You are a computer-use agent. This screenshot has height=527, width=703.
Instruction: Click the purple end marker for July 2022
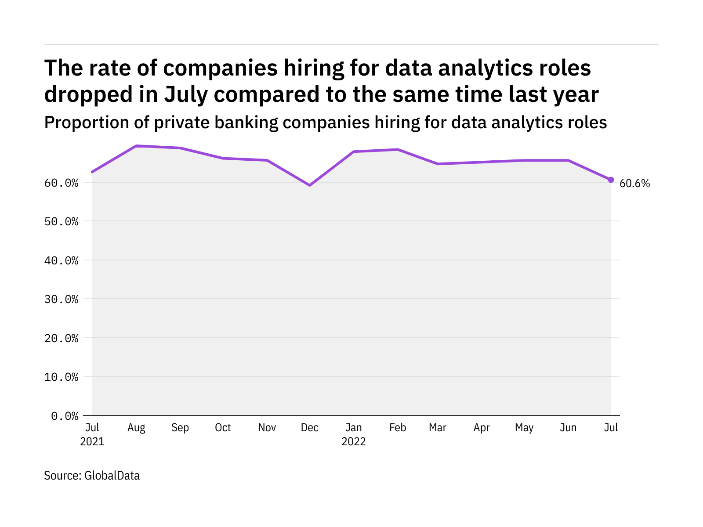[x=611, y=180]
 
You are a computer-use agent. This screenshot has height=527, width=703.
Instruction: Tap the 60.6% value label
[x=634, y=184]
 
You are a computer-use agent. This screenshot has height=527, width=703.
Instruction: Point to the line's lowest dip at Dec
[x=310, y=185]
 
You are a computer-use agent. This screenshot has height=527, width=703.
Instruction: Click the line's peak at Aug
[x=136, y=146]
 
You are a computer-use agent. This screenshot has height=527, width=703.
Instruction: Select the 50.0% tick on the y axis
[x=62, y=221]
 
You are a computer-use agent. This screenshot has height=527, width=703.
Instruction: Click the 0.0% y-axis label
[x=65, y=416]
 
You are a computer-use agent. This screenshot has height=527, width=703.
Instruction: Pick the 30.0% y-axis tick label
[x=62, y=300]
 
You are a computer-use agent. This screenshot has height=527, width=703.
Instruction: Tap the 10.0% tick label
[x=62, y=377]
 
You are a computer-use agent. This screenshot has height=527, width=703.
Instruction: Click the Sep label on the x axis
[x=180, y=428]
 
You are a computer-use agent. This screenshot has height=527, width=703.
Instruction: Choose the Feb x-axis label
[x=398, y=428]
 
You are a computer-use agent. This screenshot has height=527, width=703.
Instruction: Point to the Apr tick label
[x=482, y=428]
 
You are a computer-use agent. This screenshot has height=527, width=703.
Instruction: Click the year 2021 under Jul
[x=92, y=441]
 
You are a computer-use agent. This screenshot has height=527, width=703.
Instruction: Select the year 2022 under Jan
[x=354, y=441]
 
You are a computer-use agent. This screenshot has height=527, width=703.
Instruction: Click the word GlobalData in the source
[x=112, y=476]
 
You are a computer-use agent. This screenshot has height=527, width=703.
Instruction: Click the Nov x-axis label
[x=267, y=428]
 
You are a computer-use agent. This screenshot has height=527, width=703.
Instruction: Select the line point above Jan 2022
[x=354, y=152]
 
